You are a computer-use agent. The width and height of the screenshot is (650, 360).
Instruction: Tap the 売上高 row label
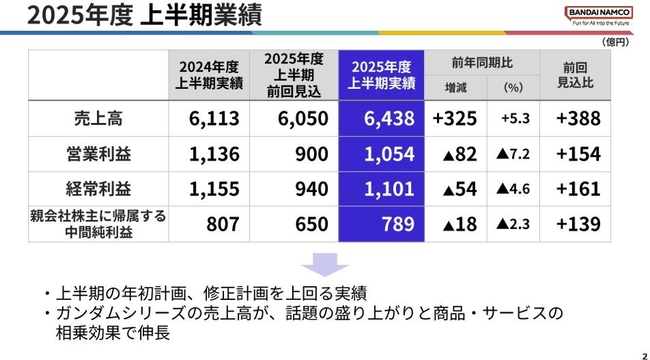click(x=98, y=118)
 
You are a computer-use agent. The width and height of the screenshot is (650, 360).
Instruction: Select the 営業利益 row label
click(x=98, y=154)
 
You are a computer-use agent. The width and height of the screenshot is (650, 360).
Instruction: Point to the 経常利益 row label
click(x=98, y=189)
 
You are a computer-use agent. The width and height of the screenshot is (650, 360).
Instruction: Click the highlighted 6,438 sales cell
click(x=386, y=118)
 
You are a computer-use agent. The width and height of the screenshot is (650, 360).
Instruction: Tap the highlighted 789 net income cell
click(x=386, y=224)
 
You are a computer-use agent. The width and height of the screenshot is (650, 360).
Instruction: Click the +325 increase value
click(x=455, y=118)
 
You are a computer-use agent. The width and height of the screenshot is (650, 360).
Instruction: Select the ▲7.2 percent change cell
click(x=513, y=154)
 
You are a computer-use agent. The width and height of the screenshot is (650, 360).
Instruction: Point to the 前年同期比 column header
click(x=482, y=63)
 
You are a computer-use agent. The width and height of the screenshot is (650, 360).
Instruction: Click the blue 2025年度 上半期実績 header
click(x=386, y=74)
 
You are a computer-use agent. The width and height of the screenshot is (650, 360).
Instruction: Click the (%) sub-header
click(x=513, y=87)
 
